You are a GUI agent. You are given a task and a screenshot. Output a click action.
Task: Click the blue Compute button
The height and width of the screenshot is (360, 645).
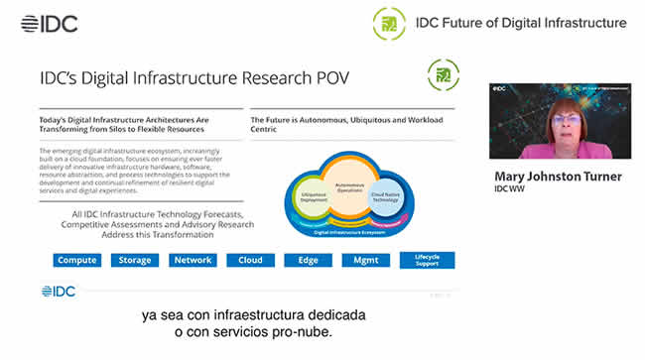click(x=77, y=261)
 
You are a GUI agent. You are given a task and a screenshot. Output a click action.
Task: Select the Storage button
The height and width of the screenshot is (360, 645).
click(x=135, y=261)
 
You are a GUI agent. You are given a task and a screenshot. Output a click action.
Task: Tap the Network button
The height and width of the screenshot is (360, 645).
click(x=193, y=261)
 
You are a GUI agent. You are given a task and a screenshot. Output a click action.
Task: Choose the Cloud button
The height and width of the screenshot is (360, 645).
click(x=250, y=261)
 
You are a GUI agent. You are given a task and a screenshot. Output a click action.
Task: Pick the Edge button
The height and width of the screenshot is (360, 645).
click(x=308, y=261)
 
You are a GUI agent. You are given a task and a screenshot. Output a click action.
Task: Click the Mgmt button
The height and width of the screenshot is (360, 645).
click(x=365, y=261)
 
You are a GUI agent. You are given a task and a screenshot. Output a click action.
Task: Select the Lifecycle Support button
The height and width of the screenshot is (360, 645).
click(x=427, y=260)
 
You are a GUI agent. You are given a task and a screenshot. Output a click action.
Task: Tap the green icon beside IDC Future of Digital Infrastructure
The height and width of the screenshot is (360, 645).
click(x=388, y=23)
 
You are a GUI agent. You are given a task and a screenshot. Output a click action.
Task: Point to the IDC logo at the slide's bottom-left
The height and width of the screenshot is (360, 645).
click(x=59, y=292)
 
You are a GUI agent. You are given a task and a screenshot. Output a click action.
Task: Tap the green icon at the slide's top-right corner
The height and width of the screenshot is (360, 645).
click(x=443, y=75)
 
